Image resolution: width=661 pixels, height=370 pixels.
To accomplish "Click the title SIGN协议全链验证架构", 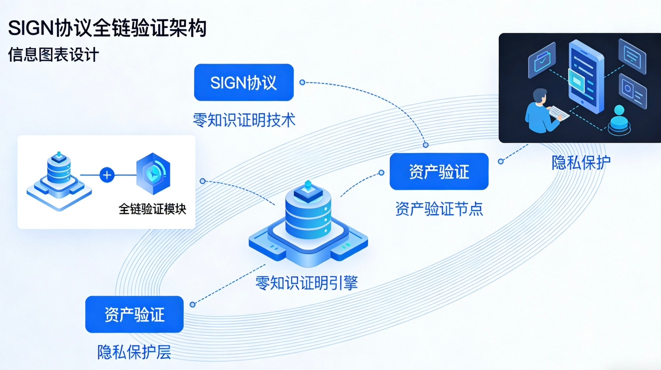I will [x=107, y=28].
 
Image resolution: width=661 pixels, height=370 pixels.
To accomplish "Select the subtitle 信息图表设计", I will [x=53, y=55].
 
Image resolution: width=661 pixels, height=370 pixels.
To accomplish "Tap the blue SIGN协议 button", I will [x=243, y=83].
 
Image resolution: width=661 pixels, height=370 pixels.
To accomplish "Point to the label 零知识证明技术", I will [x=244, y=120].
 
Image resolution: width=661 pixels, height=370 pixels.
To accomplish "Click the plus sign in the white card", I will [x=107, y=175].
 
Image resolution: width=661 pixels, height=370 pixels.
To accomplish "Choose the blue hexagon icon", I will [x=153, y=174].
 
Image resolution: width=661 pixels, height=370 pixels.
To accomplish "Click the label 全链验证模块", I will [x=152, y=209].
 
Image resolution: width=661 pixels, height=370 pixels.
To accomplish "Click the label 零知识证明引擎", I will [x=307, y=283].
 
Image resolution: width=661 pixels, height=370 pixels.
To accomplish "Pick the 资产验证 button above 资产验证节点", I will [x=439, y=172].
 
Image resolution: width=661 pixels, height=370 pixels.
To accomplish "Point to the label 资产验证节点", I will [x=439, y=209].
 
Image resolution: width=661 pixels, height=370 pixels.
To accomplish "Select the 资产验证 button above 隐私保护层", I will [x=134, y=314].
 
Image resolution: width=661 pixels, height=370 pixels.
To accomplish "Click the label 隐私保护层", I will [x=134, y=353].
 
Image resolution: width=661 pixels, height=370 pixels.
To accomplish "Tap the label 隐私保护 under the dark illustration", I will [x=581, y=162].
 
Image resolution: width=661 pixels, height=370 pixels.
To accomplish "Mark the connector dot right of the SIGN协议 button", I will [x=302, y=83].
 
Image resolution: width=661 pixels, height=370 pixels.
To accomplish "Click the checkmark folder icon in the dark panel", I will [x=542, y=60].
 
